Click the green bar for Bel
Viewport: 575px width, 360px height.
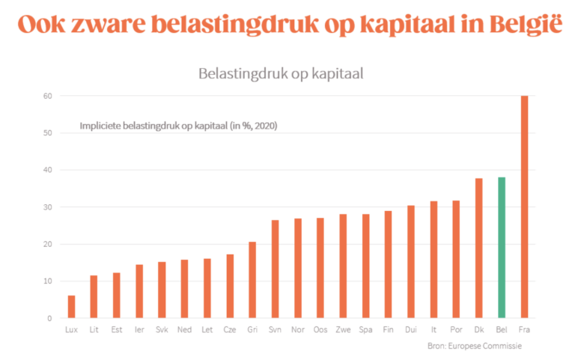point(502,248)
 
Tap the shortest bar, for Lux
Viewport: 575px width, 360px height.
point(71,307)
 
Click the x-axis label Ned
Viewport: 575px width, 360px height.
point(184,329)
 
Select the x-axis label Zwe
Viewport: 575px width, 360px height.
point(343,329)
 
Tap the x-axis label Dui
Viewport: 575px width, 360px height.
point(411,329)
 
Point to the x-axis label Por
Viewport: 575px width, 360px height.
point(456,329)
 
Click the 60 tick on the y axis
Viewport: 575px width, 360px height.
point(46,96)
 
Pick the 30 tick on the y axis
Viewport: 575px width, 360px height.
point(46,207)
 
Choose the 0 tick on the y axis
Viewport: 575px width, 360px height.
point(49,318)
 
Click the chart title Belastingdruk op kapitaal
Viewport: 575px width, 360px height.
point(281,73)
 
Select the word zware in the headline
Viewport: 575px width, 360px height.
point(112,24)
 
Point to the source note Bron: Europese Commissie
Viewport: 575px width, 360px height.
point(479,346)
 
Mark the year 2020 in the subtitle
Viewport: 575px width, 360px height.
point(265,126)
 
